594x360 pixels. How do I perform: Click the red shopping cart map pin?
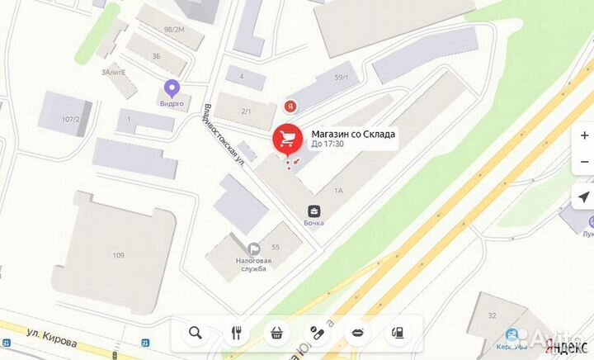click(287, 139)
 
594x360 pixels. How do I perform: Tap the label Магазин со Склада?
click(352, 134)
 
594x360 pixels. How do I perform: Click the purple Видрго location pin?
click(172, 87)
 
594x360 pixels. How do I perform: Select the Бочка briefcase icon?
click(314, 211)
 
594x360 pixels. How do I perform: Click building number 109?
click(119, 255)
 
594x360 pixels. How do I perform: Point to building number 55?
click(276, 248)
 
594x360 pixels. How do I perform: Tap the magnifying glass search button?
click(196, 333)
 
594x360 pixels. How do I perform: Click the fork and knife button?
click(236, 333)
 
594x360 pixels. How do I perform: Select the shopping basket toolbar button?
click(276, 333)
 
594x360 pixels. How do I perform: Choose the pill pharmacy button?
click(317, 333)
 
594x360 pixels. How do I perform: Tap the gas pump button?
click(398, 333)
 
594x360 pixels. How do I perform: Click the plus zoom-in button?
click(584, 135)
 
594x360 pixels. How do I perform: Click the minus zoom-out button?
click(584, 162)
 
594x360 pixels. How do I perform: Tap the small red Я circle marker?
click(290, 106)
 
